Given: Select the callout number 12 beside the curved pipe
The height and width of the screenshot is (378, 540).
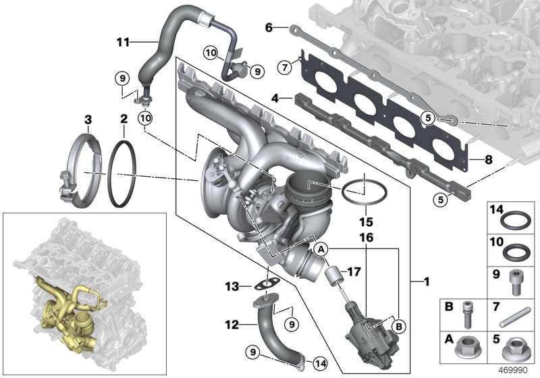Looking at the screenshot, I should (x=232, y=325).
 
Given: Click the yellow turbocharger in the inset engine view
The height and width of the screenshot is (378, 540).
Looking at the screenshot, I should (x=64, y=317).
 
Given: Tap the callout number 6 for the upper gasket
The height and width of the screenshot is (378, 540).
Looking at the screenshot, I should (x=268, y=28).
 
